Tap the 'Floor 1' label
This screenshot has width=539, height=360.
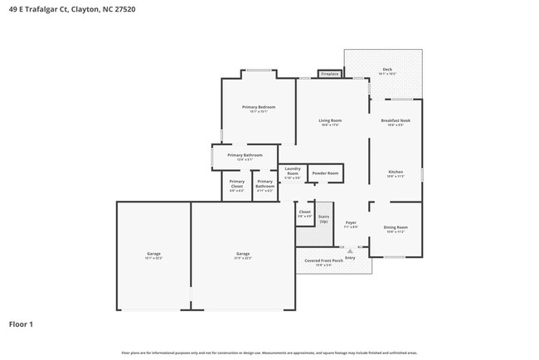[22, 324]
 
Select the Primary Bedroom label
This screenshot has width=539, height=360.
[258, 107]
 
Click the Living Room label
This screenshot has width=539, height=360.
[330, 121]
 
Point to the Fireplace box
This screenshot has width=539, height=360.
[329, 74]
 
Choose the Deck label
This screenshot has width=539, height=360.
[386, 70]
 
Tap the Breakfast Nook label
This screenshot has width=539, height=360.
[395, 121]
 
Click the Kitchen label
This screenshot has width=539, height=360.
[395, 173]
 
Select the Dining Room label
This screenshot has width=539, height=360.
[395, 227]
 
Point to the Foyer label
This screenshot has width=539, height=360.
[351, 222]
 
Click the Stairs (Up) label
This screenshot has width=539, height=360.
[323, 219]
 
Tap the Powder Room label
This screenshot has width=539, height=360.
[325, 173]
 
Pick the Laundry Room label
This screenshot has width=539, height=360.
[292, 171]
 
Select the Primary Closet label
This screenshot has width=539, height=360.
[236, 183]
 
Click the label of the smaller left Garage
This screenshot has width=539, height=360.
[153, 254]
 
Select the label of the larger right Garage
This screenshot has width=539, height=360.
[242, 254]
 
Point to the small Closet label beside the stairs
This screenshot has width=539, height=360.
[304, 212]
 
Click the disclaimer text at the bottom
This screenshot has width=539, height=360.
[269, 353]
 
